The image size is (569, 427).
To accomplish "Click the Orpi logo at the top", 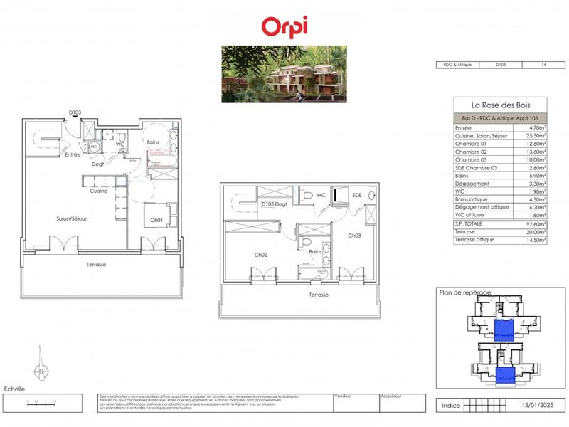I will [x=284, y=26].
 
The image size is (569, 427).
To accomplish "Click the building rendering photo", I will [x=284, y=74].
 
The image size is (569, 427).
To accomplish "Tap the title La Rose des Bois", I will [x=500, y=105].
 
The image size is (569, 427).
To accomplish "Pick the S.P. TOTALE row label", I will [x=470, y=224].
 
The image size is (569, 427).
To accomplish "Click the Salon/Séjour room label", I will [x=72, y=219].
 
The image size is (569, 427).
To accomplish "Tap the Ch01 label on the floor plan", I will [x=157, y=220].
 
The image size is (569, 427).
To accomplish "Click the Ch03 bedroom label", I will [x=354, y=235].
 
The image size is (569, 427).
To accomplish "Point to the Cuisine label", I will [x=98, y=191].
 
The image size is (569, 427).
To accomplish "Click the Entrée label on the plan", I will [x=73, y=154].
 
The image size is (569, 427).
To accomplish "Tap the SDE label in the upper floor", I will [x=356, y=195].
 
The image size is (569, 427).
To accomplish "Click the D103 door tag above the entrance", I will [x=75, y=112].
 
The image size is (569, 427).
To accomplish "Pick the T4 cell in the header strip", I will [x=544, y=65].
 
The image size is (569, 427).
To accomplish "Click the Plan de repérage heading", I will [x=464, y=292].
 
